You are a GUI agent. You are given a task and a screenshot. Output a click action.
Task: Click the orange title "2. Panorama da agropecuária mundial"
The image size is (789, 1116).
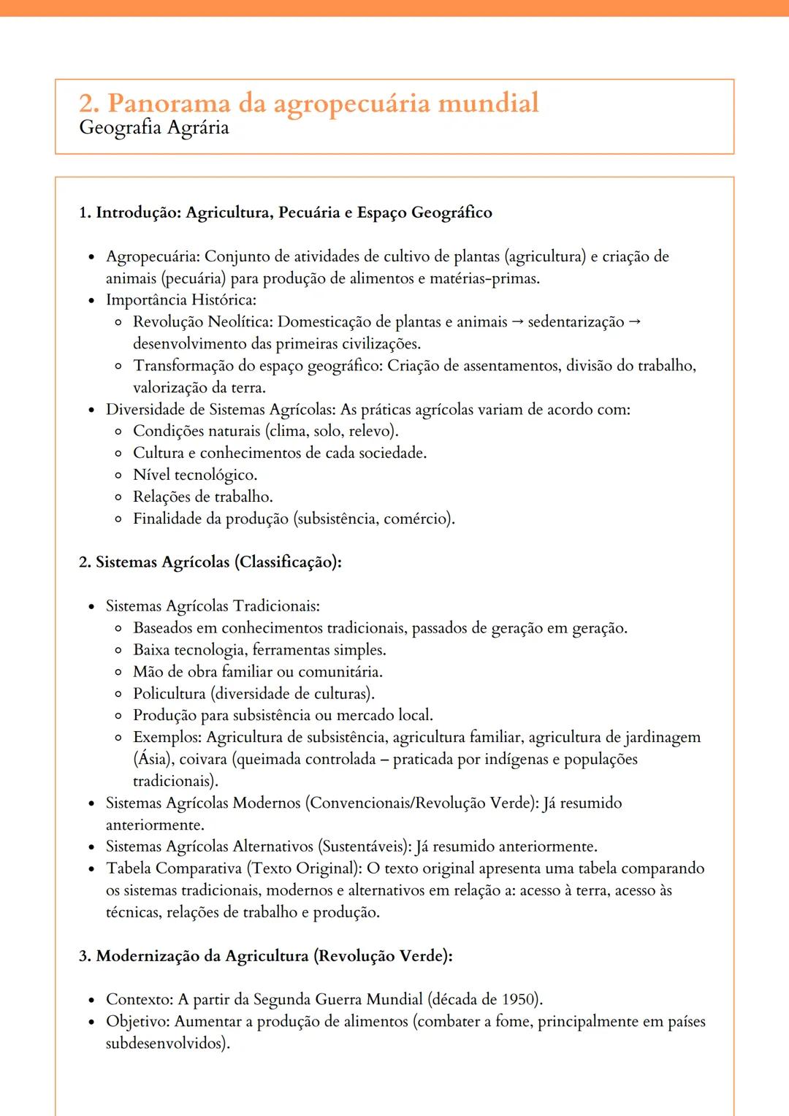pyautogui.click(x=308, y=103)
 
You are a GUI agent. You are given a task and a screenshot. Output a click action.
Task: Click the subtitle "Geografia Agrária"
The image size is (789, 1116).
pyautogui.click(x=154, y=128)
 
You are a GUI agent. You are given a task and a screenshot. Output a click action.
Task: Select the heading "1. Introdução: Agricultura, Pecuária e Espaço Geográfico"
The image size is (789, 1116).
pyautogui.click(x=285, y=213)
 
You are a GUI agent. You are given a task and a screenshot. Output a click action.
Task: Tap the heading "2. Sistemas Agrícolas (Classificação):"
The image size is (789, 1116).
pyautogui.click(x=210, y=562)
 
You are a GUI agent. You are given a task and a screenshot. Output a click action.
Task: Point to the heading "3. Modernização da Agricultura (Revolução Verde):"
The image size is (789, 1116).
pyautogui.click(x=266, y=956)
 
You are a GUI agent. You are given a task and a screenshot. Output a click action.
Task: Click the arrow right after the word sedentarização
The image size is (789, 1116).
pyautogui.click(x=634, y=321)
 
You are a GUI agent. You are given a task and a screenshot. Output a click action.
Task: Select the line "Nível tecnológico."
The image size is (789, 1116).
pyautogui.click(x=195, y=475)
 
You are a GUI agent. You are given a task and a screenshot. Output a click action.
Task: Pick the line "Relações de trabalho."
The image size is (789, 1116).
pyautogui.click(x=202, y=497)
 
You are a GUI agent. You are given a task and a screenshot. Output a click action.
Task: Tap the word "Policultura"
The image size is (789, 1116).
pyautogui.click(x=169, y=694)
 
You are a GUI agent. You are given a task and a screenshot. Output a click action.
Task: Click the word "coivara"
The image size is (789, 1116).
pyautogui.click(x=203, y=759)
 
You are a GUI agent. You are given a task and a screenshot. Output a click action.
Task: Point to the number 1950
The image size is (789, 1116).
pyautogui.click(x=519, y=999)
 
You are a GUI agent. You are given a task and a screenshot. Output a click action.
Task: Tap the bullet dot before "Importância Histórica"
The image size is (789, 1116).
pyautogui.click(x=91, y=301)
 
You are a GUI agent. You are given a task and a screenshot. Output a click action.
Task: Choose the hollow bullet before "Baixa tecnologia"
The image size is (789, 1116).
pyautogui.click(x=118, y=650)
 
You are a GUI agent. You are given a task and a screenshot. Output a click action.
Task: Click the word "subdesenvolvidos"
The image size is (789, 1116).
pyautogui.click(x=166, y=1043)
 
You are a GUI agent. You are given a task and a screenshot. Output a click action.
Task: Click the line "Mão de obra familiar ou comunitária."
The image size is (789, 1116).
pyautogui.click(x=257, y=672)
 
